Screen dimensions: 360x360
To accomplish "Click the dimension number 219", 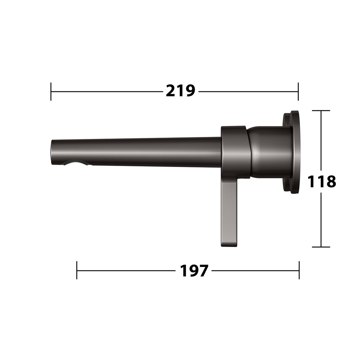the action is click(180, 91).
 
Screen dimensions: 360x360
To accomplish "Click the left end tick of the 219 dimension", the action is click(51, 91).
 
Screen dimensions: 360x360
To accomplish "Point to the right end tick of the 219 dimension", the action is click(298, 91).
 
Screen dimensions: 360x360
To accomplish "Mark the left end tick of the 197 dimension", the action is click(77, 270).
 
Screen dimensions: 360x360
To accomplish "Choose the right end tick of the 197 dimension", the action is click(299, 270).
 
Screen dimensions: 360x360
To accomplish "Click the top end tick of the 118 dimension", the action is click(321, 110).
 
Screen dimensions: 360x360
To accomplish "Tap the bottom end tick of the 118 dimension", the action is click(321, 247).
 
